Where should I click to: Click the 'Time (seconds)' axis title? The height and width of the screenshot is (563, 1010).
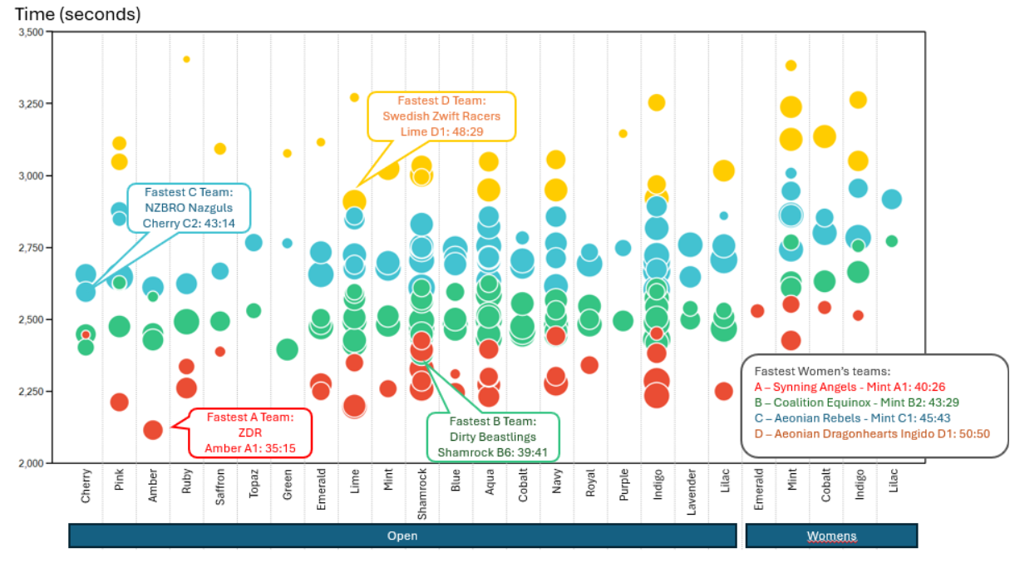78,14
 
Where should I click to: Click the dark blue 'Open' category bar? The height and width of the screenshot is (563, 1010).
402,536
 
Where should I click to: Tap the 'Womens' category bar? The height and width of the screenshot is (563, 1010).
831,536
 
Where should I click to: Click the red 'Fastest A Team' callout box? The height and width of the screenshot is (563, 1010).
251,432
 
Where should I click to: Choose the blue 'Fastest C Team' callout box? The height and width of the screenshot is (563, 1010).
189,209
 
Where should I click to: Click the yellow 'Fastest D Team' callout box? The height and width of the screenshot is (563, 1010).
441,116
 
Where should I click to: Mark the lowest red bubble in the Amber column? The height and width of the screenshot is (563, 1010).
153,430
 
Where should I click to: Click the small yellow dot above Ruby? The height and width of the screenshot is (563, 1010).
186,59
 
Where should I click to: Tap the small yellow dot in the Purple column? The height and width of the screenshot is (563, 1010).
623,133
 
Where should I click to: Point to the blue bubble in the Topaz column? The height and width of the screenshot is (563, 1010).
254,242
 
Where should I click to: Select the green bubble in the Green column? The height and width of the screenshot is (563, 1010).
288,349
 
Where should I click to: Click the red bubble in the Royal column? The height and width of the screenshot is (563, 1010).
589,364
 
